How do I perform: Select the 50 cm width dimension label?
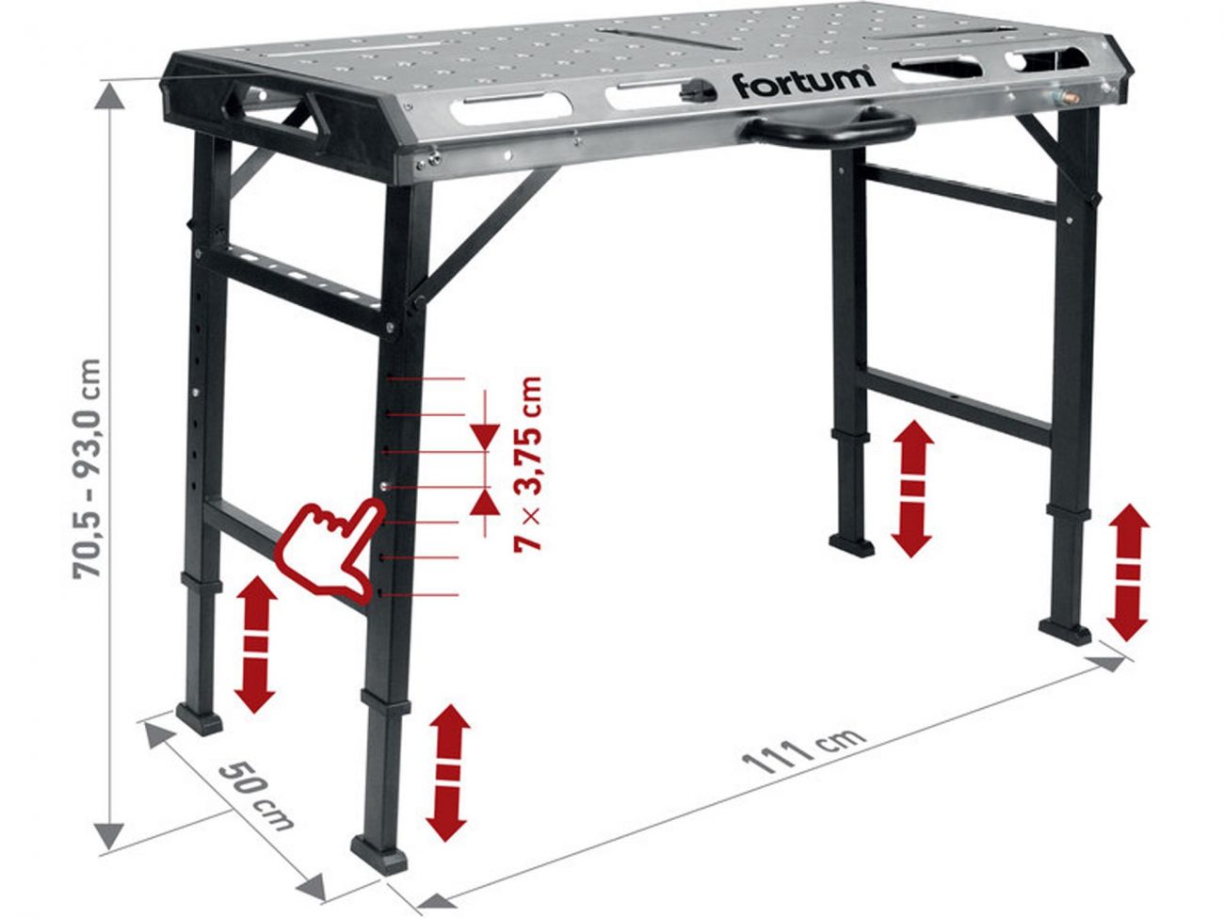point(256,797)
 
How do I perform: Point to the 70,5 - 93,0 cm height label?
point(88,469)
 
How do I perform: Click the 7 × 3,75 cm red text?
point(527,464)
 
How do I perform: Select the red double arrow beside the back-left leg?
point(255,644)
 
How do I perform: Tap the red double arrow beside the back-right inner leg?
point(912,489)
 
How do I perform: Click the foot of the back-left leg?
point(199,718)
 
